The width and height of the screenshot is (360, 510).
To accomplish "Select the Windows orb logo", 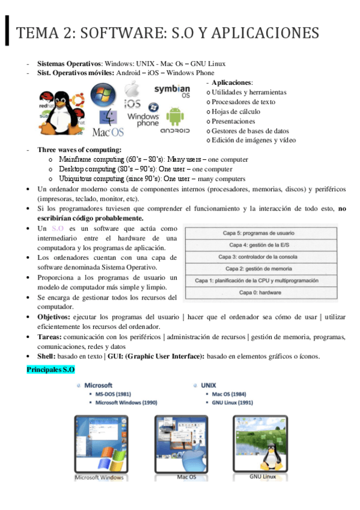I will (103, 95).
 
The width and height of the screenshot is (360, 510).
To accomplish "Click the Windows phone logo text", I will (143, 119).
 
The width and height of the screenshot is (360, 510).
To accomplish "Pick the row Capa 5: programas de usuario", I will (261, 233).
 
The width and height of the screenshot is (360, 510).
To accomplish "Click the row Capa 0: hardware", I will (261, 292).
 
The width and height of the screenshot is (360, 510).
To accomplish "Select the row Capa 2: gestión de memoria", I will (261, 268).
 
